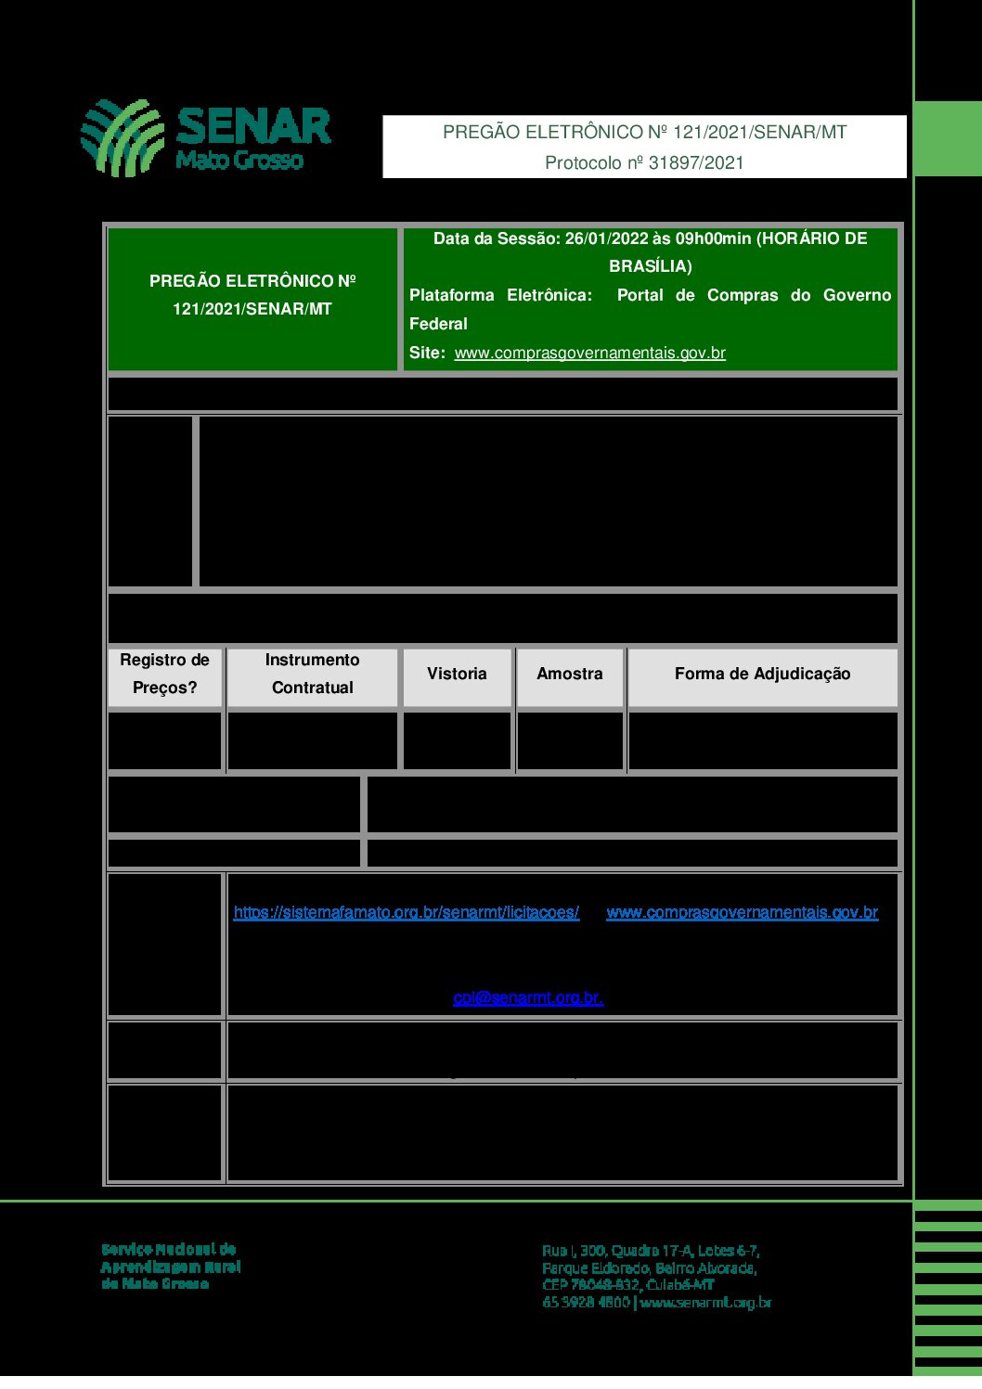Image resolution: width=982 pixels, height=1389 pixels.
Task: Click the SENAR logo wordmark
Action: (252, 127)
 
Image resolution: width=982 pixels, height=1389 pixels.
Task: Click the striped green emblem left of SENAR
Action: (123, 137)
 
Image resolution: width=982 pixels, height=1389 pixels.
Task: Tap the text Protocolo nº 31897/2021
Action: (644, 163)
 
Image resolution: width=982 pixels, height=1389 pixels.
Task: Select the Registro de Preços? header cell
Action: (165, 675)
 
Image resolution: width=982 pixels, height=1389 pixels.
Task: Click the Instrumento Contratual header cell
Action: (313, 675)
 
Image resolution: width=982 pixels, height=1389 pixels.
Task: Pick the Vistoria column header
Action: (457, 675)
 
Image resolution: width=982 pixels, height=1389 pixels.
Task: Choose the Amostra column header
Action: (570, 675)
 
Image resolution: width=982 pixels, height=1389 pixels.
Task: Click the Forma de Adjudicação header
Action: (762, 675)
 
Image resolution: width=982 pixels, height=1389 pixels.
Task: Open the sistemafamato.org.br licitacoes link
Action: (407, 913)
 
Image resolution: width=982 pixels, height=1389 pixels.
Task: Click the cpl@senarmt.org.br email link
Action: (528, 998)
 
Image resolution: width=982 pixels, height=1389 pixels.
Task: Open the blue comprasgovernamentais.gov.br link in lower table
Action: (742, 913)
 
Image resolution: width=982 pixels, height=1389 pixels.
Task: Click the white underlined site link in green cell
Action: (589, 354)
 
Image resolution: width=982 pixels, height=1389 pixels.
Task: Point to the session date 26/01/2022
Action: (606, 239)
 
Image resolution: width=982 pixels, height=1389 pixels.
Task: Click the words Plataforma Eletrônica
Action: (500, 296)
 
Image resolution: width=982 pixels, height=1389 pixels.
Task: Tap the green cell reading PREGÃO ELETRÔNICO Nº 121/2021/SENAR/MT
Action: (252, 295)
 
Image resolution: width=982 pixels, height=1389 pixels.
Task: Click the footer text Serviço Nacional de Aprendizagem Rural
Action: (171, 1267)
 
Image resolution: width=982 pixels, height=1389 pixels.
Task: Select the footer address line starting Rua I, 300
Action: (651, 1251)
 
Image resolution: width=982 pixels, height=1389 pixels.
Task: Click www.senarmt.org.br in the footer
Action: (706, 1303)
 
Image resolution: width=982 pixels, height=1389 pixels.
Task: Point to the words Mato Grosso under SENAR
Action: (239, 161)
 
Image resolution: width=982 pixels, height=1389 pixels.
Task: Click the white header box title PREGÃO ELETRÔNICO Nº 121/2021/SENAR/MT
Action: (644, 133)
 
